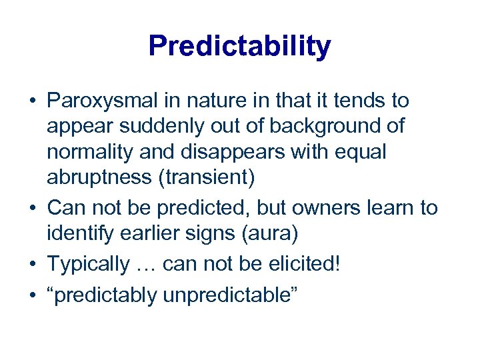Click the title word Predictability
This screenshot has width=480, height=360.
pos(239,46)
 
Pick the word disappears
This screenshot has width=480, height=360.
pos(230,152)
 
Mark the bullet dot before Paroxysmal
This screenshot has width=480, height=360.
pos(32,102)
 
